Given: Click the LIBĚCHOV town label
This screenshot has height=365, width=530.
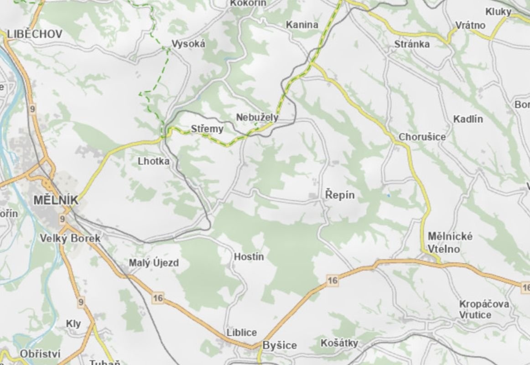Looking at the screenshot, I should (x=35, y=34).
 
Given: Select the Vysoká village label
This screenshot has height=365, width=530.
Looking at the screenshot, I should (x=188, y=44).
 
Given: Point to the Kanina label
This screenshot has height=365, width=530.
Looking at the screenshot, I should (x=302, y=25).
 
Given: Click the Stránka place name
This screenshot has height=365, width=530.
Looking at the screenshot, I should (x=412, y=44).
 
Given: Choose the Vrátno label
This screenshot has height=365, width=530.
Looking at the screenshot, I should (x=471, y=25).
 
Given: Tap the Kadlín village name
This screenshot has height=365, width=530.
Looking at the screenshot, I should (x=468, y=119).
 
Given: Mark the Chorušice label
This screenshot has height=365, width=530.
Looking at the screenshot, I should (x=422, y=136).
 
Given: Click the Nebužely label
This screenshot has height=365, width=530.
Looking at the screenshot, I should (x=257, y=118).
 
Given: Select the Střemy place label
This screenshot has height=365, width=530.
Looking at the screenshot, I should (x=207, y=129).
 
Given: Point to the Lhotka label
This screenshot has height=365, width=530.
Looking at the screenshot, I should (x=154, y=161).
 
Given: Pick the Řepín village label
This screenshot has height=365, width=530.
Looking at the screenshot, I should (x=340, y=195).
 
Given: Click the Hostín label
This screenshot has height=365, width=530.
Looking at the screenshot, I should (x=249, y=256).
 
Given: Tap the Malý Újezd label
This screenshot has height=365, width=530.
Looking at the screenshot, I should (x=154, y=263).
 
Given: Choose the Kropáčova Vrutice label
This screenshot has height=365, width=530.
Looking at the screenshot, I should (x=484, y=309).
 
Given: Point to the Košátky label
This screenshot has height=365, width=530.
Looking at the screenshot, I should (x=339, y=343).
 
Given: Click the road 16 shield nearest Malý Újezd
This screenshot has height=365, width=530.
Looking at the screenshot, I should (x=158, y=298).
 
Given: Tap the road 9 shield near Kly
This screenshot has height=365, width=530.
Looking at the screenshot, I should (x=81, y=302).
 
